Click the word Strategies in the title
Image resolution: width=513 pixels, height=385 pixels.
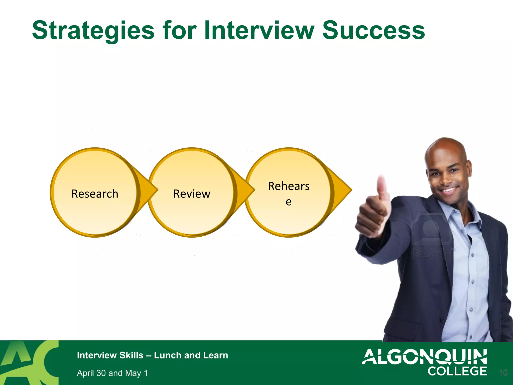[x=93, y=31]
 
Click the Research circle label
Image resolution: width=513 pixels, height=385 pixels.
[x=95, y=194]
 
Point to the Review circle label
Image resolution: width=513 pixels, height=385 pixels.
[x=192, y=194]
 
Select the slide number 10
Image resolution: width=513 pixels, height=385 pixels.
[x=503, y=373]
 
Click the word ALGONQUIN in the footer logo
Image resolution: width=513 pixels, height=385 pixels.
[x=424, y=357]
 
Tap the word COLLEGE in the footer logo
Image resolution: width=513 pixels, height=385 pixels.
[x=457, y=371]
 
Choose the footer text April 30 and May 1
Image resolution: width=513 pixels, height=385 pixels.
[x=112, y=373]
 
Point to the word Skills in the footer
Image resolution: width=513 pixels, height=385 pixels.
[x=131, y=355]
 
